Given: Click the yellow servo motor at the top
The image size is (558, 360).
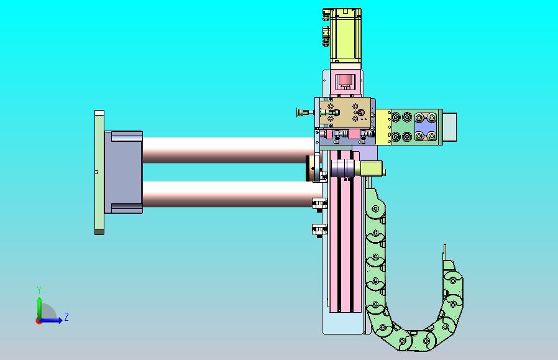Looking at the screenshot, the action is point(345,35).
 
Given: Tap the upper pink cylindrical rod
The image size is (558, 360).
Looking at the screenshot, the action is point(228,150).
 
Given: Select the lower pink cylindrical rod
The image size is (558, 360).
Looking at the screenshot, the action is point(228,195).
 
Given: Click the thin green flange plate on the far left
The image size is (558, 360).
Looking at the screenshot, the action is point(99,172).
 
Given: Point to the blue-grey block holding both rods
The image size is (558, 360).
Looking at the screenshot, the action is point(124,172).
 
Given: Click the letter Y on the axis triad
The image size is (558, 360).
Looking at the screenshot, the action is point(40,290).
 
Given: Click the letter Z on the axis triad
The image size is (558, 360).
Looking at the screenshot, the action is point(66,316).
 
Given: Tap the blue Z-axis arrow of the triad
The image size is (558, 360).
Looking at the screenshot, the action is point(52,320).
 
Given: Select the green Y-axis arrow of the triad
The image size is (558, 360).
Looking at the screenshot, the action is point(40,308).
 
